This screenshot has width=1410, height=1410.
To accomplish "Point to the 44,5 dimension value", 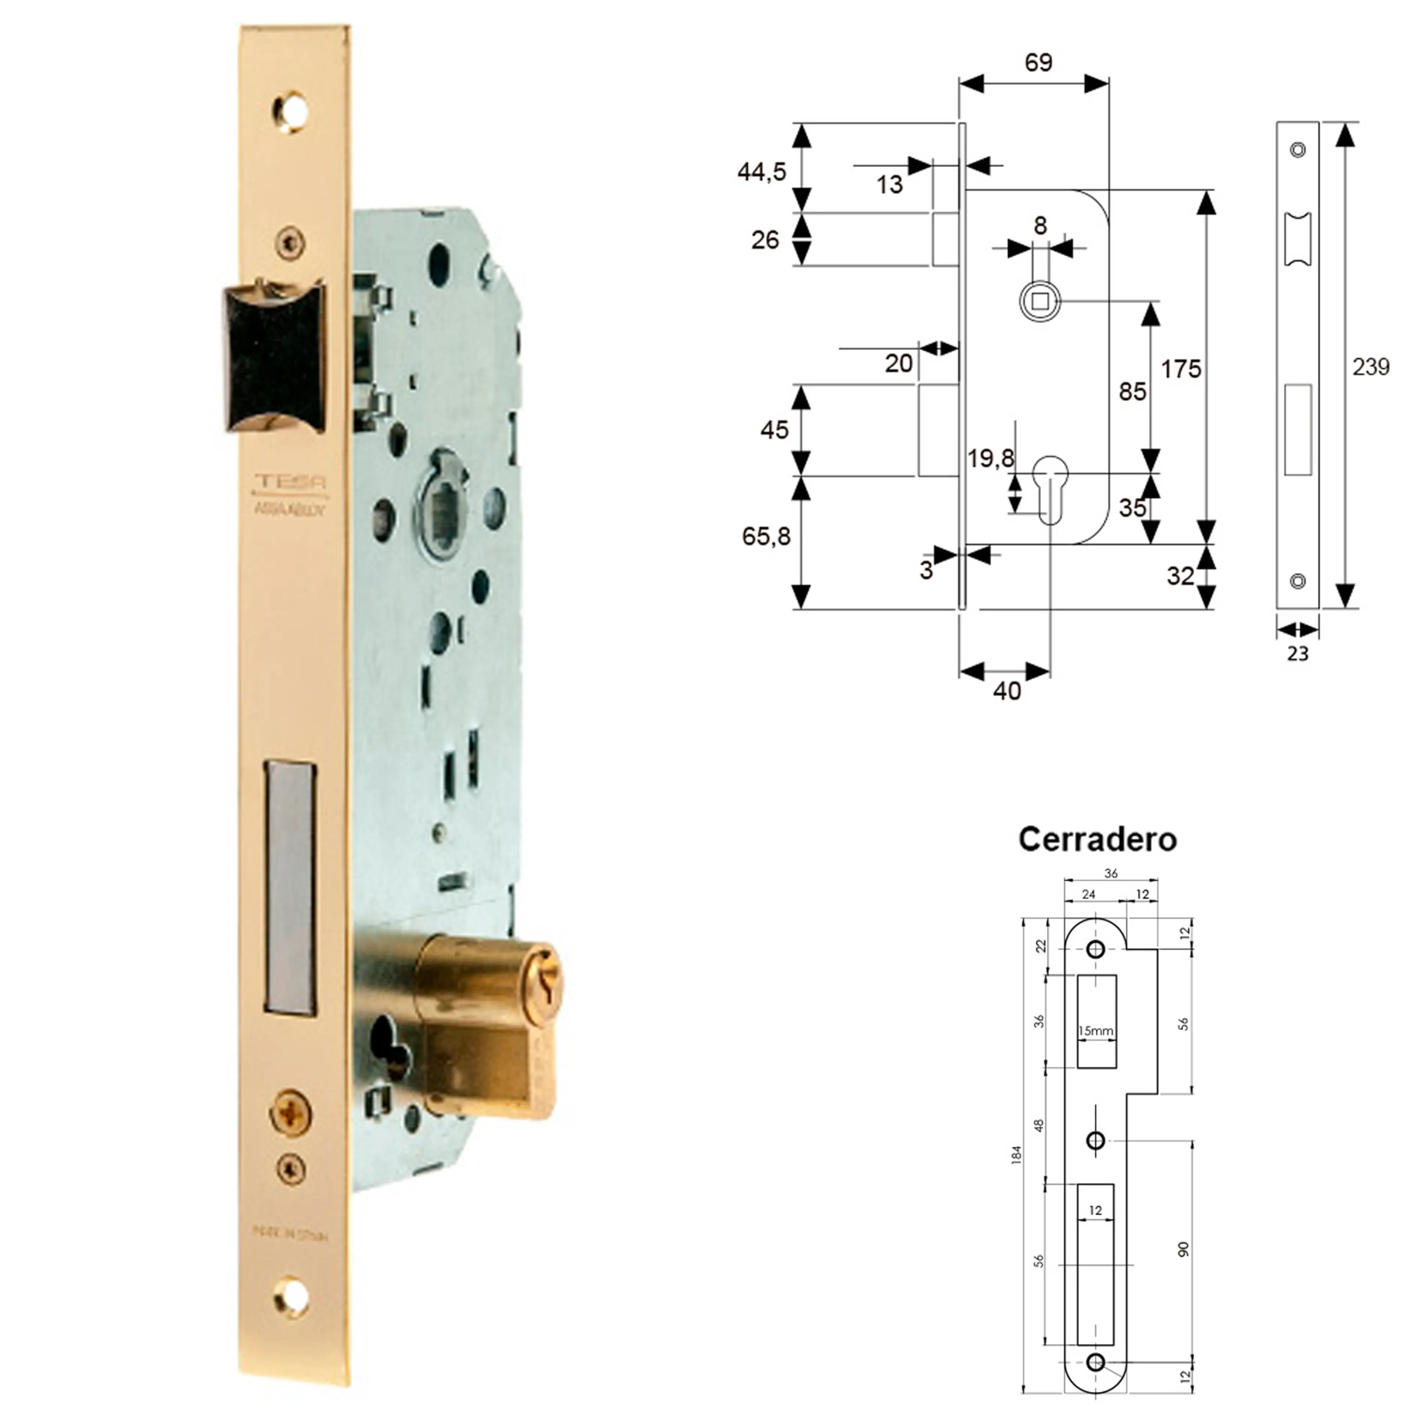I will pyautogui.click(x=761, y=172).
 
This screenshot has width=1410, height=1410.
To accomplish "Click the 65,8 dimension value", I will pyautogui.click(x=766, y=536).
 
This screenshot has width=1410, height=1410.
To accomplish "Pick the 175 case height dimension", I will pyautogui.click(x=1180, y=369).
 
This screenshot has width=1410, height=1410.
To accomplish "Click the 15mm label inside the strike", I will pyautogui.click(x=1095, y=1031).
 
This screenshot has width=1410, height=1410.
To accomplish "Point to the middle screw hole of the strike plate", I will pyautogui.click(x=1095, y=1140).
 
